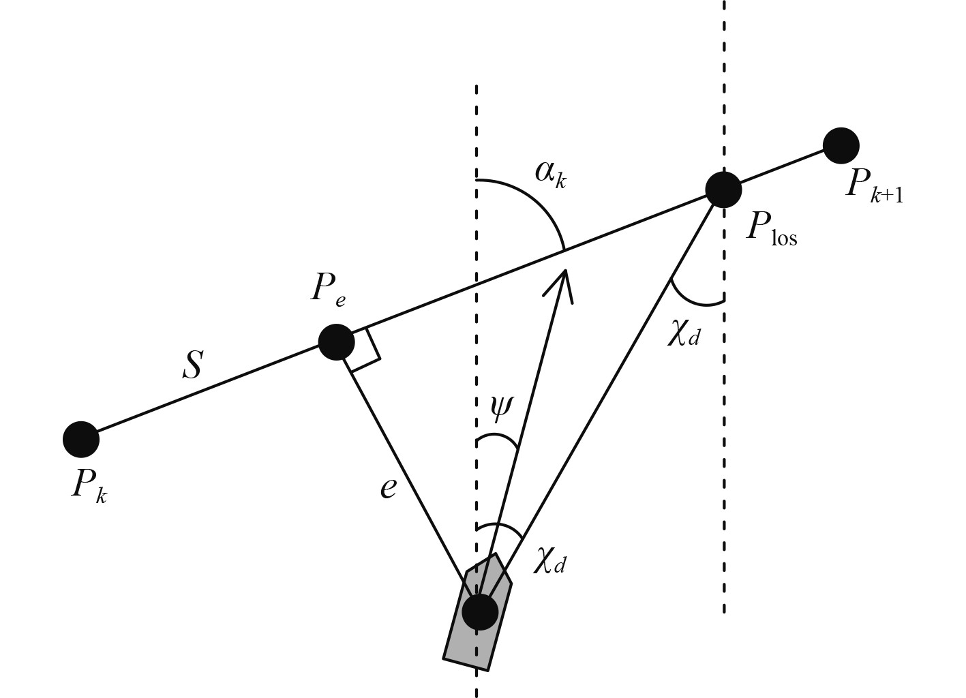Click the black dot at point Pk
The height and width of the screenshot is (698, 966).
click(x=81, y=439)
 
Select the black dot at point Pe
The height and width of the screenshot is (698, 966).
click(x=337, y=342)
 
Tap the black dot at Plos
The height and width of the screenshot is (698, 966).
click(x=723, y=189)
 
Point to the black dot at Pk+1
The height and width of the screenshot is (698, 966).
click(x=841, y=145)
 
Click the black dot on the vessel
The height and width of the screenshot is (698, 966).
click(x=480, y=611)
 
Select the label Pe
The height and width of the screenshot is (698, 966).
click(x=328, y=289)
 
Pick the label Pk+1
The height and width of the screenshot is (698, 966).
click(x=873, y=185)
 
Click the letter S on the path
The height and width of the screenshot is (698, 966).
click(x=192, y=365)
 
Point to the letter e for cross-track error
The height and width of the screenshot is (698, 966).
click(x=388, y=487)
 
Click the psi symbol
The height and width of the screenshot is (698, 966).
click(x=500, y=407)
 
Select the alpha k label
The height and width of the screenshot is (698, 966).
click(x=550, y=173)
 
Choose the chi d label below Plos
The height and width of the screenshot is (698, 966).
click(x=684, y=334)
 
